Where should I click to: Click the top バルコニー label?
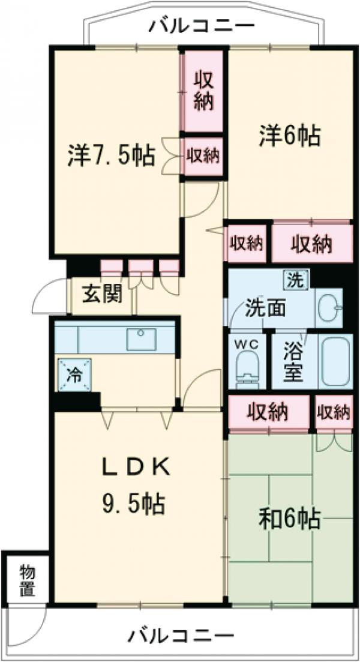(x=203, y=26)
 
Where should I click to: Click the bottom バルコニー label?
(x=180, y=634)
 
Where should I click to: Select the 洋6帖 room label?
(x=289, y=136)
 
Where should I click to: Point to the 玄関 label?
(x=103, y=294)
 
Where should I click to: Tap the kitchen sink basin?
(x=142, y=340)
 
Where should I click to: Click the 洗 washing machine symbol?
(x=295, y=278)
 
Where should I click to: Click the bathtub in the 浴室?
(x=336, y=362)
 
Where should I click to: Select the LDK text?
(x=138, y=466)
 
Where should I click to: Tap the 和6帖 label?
(x=289, y=517)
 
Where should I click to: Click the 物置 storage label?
(x=26, y=580)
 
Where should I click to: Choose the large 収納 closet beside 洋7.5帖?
(x=203, y=91)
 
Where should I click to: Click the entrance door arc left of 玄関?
(x=49, y=298)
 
